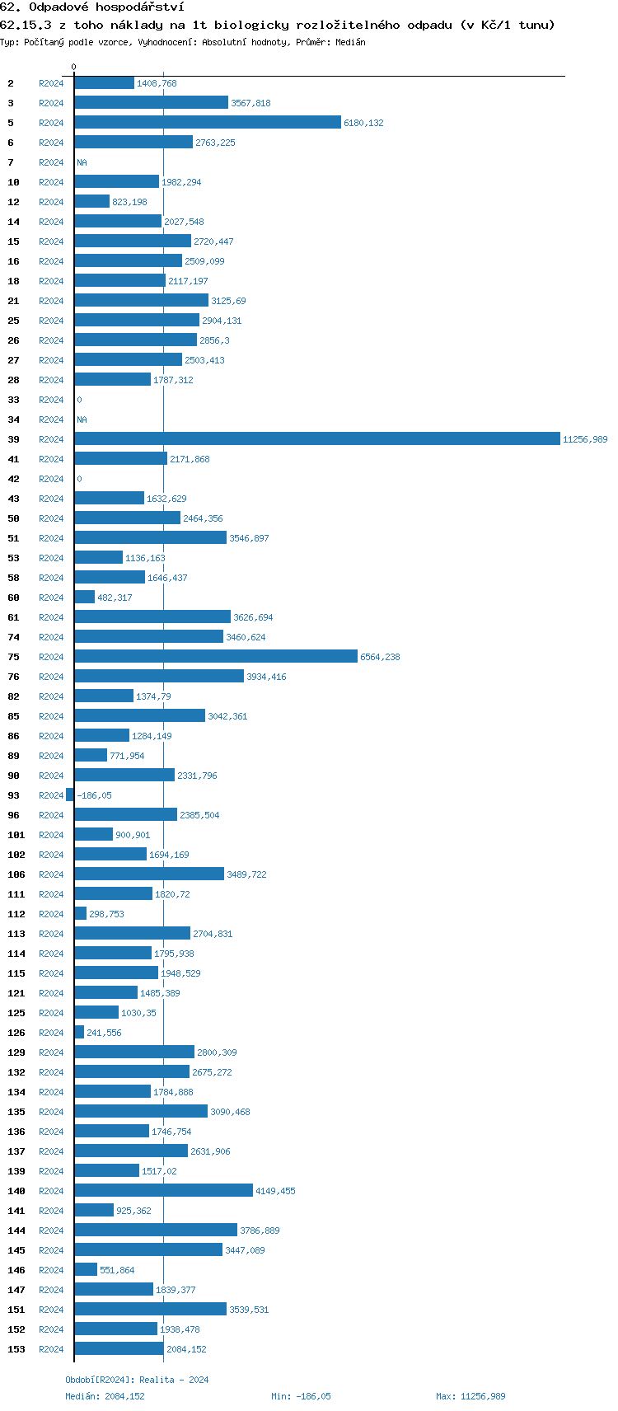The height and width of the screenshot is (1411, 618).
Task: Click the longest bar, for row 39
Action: pos(317,439)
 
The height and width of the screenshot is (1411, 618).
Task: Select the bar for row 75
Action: pos(216,657)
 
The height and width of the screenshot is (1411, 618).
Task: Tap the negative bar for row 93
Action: pos(70,795)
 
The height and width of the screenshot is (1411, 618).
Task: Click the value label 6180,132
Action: pos(363,123)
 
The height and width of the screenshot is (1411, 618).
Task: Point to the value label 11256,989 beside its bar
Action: pos(585,439)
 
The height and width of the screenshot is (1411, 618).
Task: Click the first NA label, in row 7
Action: pos(82,162)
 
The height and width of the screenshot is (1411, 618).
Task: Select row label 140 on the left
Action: pos(16,1191)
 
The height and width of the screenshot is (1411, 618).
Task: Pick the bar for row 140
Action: pos(163,1191)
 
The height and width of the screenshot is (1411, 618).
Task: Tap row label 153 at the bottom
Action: pos(16,1349)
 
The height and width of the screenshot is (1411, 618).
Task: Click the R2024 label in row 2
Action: pos(51,83)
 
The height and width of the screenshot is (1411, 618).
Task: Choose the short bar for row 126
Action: pos(79,1033)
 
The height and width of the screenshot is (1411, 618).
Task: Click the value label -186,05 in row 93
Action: pos(94,795)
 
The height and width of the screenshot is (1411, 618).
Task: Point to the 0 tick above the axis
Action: pos(73,67)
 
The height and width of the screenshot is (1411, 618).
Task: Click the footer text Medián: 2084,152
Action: pos(105,1396)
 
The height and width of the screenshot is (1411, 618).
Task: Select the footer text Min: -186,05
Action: pos(301,1396)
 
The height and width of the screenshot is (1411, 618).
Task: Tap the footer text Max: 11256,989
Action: pos(471,1396)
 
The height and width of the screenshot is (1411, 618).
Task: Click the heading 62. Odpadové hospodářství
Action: pos(91,7)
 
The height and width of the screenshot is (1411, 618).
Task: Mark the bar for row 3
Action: pos(151,103)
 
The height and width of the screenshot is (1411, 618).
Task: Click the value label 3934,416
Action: pos(266,677)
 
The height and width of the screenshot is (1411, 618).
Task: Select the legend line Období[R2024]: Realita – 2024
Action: pos(137,1380)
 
